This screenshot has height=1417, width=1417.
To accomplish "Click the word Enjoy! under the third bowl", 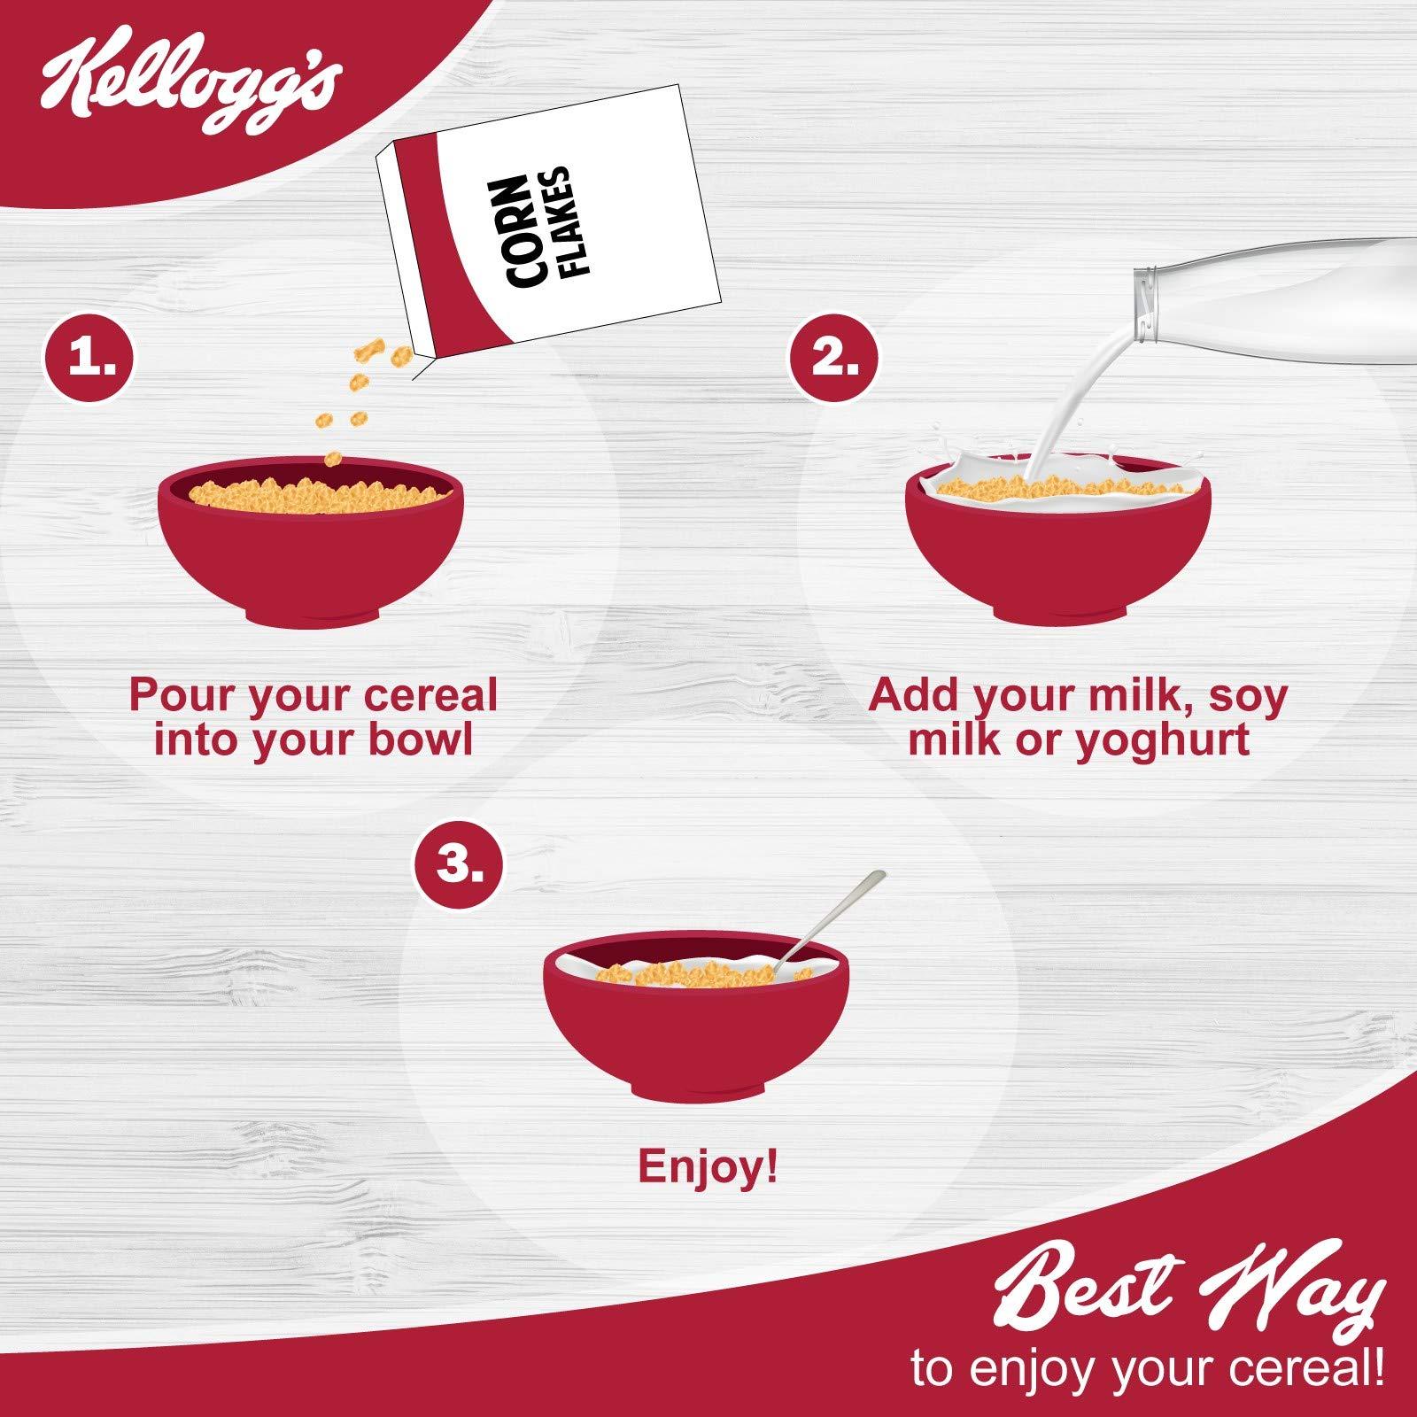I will pyautogui.click(x=708, y=1167).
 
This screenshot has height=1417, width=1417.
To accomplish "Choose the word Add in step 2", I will pyautogui.click(x=916, y=697).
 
